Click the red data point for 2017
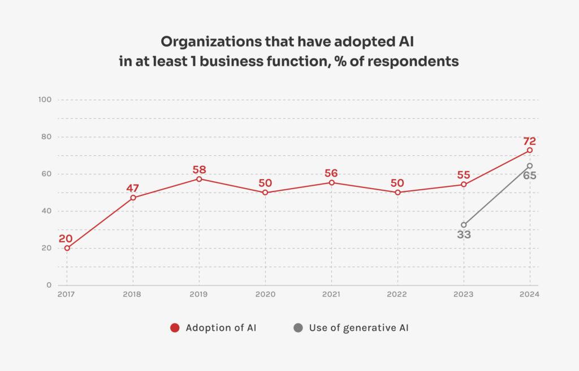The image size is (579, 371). click(67, 248)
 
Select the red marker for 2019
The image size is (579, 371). click(199, 179)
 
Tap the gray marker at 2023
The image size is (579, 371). click(464, 225)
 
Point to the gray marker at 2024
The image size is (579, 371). click(530, 165)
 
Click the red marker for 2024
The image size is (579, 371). click(530, 150)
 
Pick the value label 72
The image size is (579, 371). click(529, 141)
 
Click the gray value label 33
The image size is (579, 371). click(464, 234)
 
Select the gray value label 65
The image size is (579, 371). click(529, 176)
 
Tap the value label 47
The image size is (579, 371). click(132, 188)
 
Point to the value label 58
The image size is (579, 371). click(199, 169)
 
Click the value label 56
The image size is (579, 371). click(331, 173)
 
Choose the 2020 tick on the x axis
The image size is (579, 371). click(265, 295)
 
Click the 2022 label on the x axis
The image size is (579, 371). click(397, 295)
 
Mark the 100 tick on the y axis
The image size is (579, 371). click(45, 100)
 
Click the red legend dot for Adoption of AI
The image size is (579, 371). click(175, 328)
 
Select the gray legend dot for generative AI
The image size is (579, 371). click(298, 328)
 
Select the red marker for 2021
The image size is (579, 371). click(331, 182)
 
